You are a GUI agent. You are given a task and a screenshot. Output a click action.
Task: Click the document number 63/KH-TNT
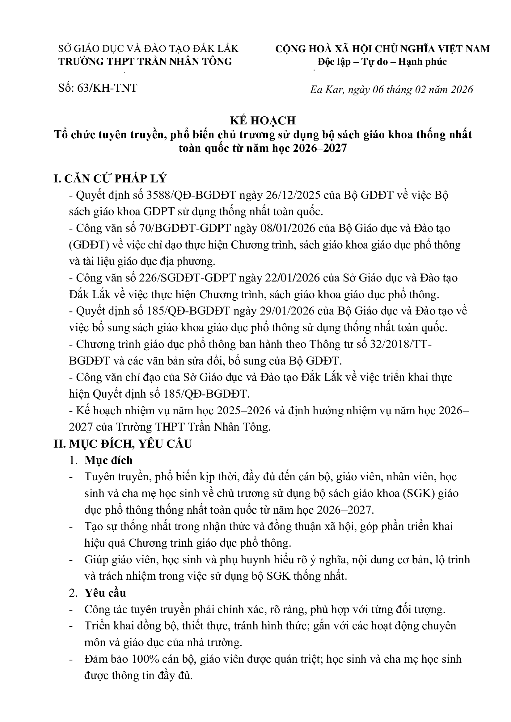coord(107,88)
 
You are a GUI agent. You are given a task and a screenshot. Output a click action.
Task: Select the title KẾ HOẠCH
coord(263,121)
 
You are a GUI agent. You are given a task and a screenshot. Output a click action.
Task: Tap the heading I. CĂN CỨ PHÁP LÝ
coord(110,178)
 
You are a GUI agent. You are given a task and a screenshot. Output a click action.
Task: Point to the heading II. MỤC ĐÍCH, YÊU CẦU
coord(123,444)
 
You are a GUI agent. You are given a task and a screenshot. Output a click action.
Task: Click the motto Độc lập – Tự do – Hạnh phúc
coord(382,62)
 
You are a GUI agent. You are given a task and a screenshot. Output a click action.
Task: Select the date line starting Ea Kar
coord(391,90)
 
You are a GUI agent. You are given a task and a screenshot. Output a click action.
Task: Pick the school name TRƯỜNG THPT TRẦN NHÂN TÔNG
coord(146,62)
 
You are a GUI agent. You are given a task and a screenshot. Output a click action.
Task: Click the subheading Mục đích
coord(108,460)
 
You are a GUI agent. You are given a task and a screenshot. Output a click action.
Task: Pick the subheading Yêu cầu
coord(105,593)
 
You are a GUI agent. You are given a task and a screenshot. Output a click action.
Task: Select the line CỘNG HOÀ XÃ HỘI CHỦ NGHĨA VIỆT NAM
coord(382,49)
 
